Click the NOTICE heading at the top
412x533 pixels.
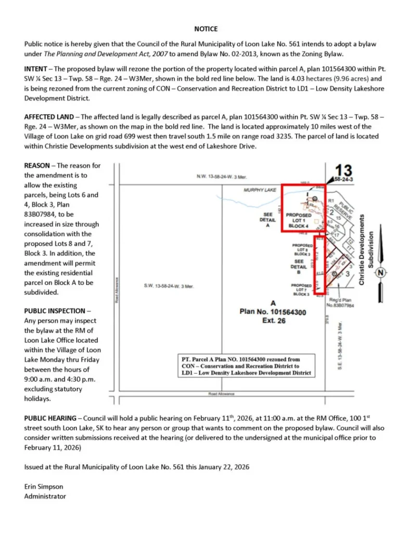[206, 29]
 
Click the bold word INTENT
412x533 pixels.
[36, 69]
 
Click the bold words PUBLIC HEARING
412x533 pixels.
[50, 418]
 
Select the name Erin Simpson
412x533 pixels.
[45, 487]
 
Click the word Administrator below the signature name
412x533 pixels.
[45, 496]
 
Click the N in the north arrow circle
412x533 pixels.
[381, 272]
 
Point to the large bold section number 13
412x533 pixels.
[343, 170]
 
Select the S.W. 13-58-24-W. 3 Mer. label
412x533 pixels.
[168, 286]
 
